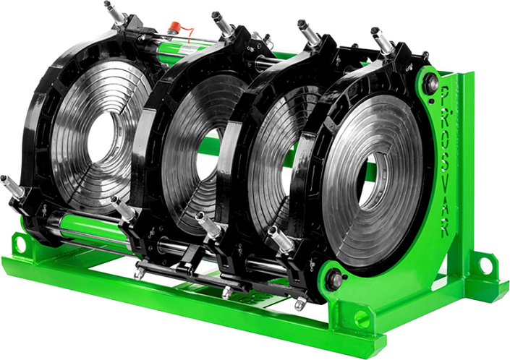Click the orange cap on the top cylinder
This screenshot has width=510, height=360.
(x=176, y=26)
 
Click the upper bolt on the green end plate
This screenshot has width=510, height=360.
(x=430, y=84)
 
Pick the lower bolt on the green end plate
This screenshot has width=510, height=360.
(x=333, y=280)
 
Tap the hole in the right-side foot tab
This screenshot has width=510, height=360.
(x=485, y=262)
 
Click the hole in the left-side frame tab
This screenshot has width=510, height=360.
(x=20, y=244)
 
